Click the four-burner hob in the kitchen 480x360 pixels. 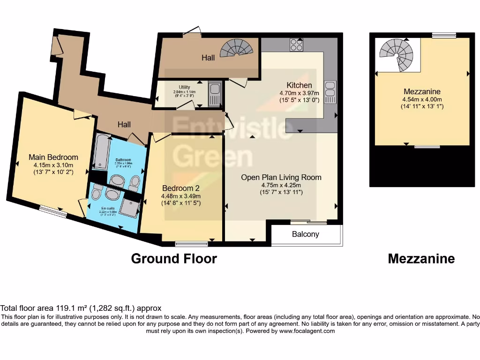point(296,45)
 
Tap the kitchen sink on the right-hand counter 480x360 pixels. point(330,91)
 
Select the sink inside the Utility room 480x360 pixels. point(215,93)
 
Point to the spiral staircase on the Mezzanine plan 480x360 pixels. point(397,55)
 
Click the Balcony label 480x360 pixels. point(306,234)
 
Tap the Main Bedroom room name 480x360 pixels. point(53,157)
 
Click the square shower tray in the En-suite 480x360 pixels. point(130,206)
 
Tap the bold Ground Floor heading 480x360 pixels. point(174,259)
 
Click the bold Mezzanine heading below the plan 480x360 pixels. point(421,259)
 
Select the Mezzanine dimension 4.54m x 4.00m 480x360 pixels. point(422,99)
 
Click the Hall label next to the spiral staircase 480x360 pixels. point(208,58)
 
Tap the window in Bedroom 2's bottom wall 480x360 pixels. point(191,243)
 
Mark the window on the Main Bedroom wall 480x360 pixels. point(52,212)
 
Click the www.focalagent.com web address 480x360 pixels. point(307,331)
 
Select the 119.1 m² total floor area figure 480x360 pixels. point(67,308)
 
